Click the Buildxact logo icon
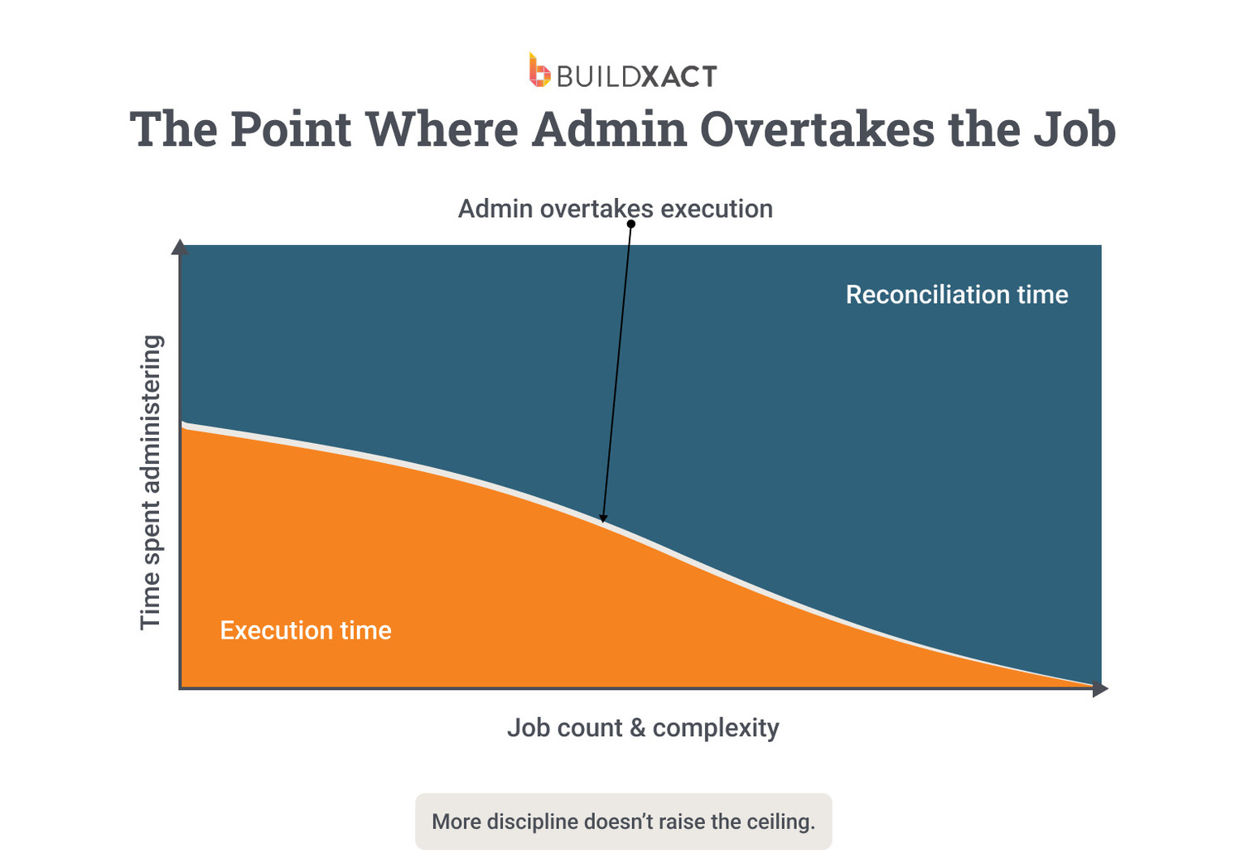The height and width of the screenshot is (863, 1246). click(539, 70)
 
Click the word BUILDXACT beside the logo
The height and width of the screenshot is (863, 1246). click(635, 76)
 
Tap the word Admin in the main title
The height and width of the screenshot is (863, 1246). click(609, 129)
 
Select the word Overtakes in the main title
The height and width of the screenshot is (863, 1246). click(818, 129)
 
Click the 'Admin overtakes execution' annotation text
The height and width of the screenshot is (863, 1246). click(615, 209)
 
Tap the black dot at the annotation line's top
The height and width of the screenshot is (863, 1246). click(630, 224)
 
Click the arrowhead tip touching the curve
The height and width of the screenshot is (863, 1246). click(603, 522)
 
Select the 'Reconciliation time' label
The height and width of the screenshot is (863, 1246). click(956, 295)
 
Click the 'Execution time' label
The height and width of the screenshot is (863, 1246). click(305, 630)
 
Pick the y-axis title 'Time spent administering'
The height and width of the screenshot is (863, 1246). click(150, 482)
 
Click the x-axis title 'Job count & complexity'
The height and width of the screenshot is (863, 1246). click(643, 728)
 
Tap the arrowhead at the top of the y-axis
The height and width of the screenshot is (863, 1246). click(180, 247)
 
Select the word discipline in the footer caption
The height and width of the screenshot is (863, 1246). click(533, 822)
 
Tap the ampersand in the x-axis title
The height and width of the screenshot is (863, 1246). click(637, 728)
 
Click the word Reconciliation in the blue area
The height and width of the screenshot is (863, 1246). click(927, 295)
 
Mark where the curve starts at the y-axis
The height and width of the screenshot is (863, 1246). click(182, 426)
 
